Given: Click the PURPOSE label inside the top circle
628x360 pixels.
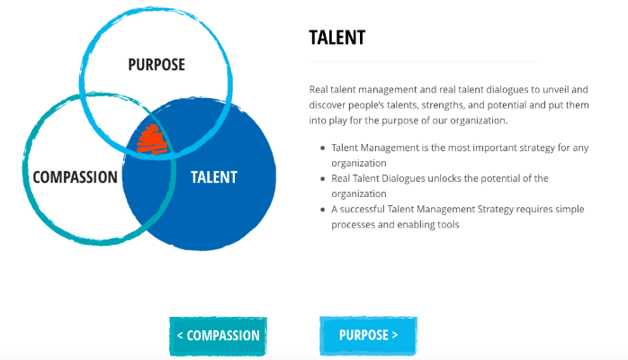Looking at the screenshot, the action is [x=157, y=65].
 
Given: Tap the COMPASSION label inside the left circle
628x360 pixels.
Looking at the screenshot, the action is [x=75, y=177].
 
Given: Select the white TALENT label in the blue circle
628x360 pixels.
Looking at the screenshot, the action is [x=214, y=177].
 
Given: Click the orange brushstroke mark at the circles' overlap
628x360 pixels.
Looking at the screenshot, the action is [x=152, y=139].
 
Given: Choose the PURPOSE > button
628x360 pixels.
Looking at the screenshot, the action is [x=368, y=335].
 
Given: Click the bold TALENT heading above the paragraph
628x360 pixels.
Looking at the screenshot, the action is [x=337, y=38].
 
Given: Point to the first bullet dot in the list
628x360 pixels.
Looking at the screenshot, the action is [x=322, y=148].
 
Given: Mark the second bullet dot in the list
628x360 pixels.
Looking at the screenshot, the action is [x=322, y=178].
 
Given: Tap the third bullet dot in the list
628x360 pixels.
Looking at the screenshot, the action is [x=322, y=210].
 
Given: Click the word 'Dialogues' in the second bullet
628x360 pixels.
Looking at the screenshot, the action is [x=403, y=178].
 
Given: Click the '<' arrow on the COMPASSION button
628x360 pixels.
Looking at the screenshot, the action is [x=180, y=336].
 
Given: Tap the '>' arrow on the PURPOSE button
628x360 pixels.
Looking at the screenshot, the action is [x=395, y=335].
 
